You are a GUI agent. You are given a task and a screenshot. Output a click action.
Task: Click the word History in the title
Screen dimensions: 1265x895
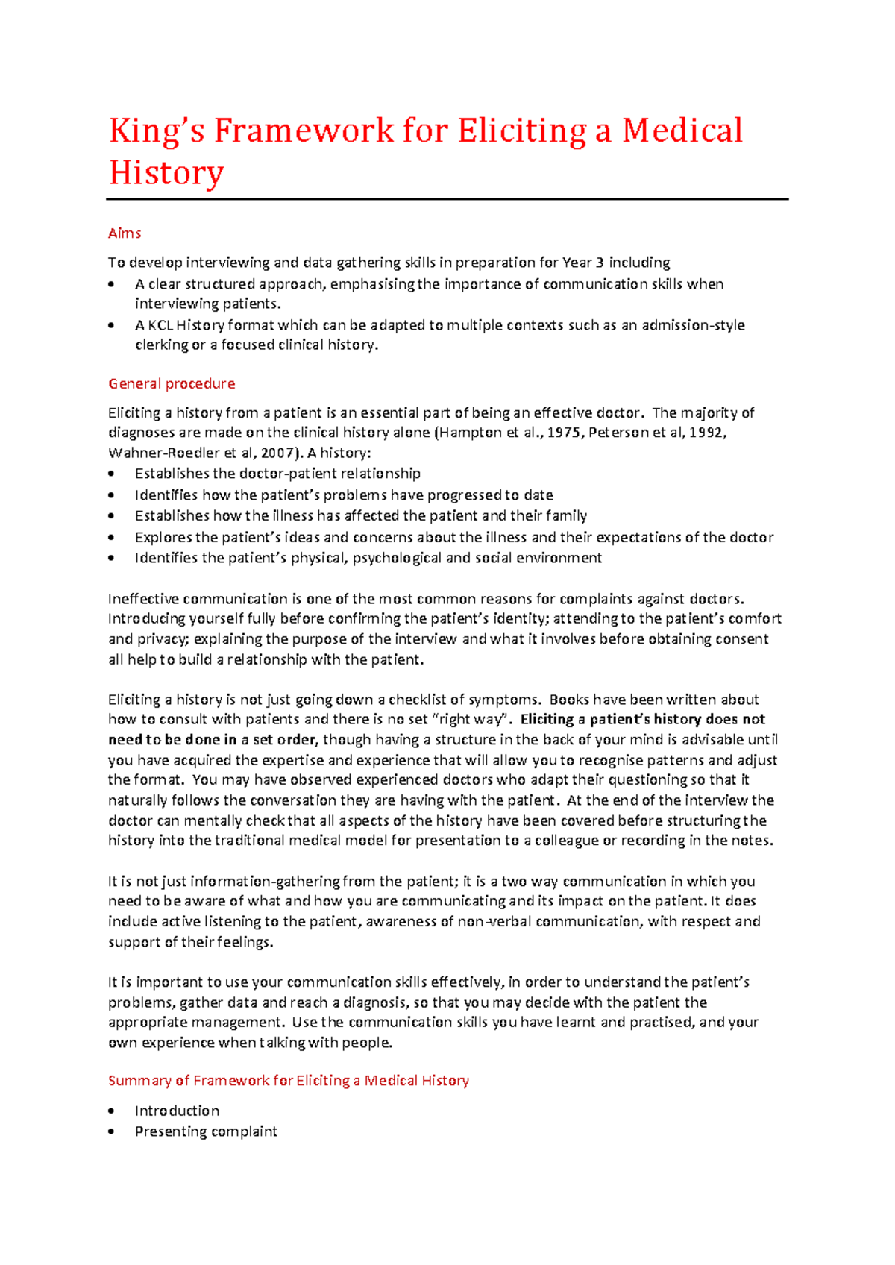point(166,173)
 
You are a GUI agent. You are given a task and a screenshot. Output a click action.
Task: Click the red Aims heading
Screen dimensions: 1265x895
point(125,233)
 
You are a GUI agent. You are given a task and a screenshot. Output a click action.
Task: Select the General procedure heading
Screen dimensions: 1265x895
point(172,383)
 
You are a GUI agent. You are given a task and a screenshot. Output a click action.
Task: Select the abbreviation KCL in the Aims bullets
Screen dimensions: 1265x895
point(160,325)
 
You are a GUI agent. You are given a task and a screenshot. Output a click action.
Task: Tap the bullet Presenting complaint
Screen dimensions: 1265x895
point(206,1131)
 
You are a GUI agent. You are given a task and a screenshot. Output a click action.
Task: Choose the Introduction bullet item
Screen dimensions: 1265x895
point(177,1111)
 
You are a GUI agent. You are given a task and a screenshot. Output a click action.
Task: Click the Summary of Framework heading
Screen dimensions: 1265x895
point(288,1081)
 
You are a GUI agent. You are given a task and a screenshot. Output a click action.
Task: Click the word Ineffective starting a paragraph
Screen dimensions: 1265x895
point(143,599)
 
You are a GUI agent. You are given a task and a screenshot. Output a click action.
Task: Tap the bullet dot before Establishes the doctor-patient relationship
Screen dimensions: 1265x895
point(112,474)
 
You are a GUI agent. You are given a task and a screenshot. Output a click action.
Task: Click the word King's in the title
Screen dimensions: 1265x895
point(156,131)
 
